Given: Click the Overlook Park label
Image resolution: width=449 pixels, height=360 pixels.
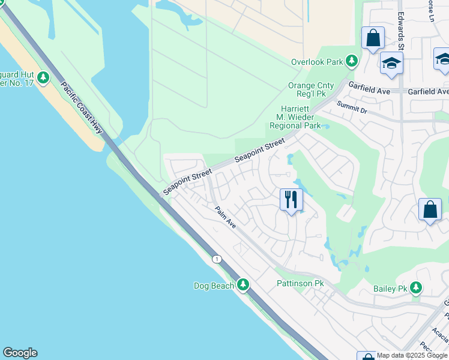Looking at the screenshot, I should pyautogui.click(x=317, y=62).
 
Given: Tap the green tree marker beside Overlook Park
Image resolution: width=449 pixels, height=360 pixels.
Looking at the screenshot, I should pyautogui.click(x=352, y=61).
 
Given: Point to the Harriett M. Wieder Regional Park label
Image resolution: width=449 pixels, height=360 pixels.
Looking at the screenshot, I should pyautogui.click(x=295, y=117).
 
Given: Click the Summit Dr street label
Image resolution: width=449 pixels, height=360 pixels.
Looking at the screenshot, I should pyautogui.click(x=351, y=107).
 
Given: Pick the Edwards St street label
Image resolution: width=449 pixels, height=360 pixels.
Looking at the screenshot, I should pyautogui.click(x=401, y=25).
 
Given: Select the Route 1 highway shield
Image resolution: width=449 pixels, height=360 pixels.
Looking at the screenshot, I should pyautogui.click(x=217, y=259).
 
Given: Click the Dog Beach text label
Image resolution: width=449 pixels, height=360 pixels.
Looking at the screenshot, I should pyautogui.click(x=214, y=286).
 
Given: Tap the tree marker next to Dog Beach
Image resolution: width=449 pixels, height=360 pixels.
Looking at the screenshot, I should pyautogui.click(x=243, y=284).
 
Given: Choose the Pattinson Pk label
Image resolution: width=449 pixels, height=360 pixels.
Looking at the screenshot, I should pyautogui.click(x=300, y=283).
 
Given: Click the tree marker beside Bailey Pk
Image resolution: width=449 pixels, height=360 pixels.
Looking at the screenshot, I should pyautogui.click(x=415, y=289).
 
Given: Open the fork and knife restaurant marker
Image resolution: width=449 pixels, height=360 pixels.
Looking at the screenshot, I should pyautogui.click(x=291, y=199).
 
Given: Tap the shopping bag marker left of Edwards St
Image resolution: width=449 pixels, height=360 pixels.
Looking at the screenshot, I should pyautogui.click(x=373, y=37).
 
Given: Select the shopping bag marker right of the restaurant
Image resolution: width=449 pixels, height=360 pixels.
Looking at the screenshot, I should pyautogui.click(x=430, y=210).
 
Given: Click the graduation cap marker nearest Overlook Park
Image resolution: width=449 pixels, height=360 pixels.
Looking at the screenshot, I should pyautogui.click(x=391, y=63).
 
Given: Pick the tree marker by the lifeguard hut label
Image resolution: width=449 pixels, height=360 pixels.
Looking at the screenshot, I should pyautogui.click(x=43, y=77).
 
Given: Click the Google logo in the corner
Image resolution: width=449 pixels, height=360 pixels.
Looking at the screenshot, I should pyautogui.click(x=20, y=353).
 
